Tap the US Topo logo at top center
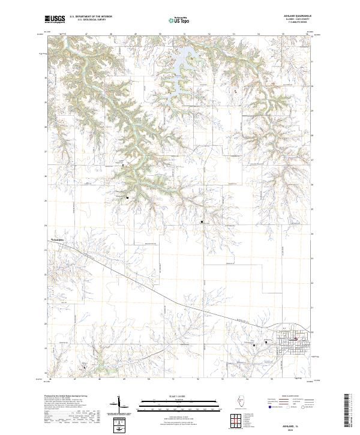pos(179,20)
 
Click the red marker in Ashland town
pos(295,340)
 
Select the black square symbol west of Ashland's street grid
pos(254,345)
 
